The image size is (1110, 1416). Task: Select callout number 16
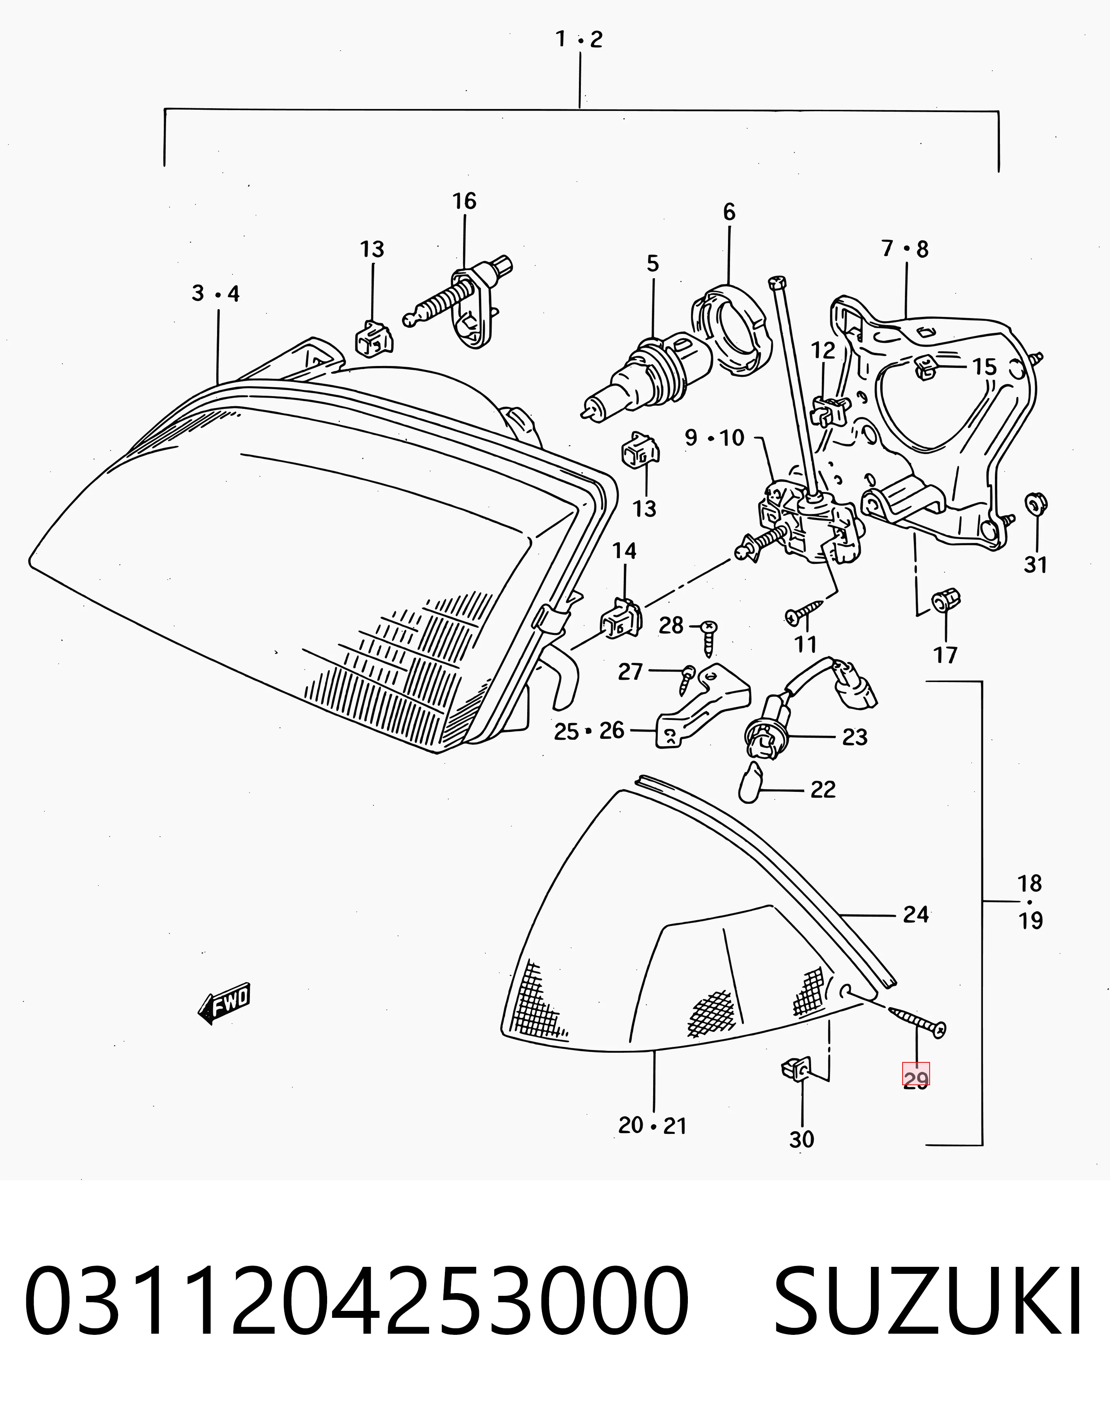click(465, 202)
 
